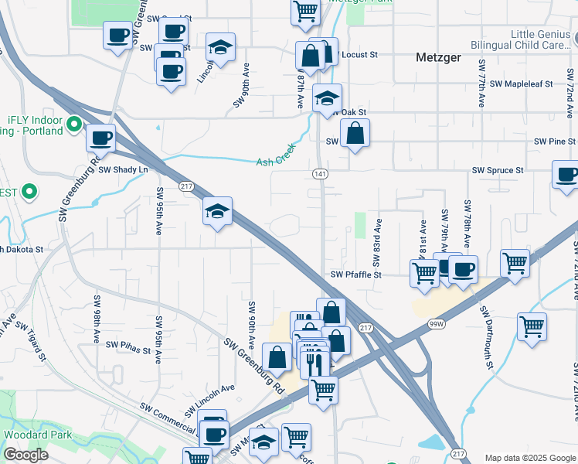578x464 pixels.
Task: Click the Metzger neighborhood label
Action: pos(438,57)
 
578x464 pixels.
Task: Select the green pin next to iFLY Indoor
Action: pos(74,123)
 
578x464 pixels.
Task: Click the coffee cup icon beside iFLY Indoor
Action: pos(100,138)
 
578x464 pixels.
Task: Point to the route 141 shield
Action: pos(320,175)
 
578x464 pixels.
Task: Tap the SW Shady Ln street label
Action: pos(122,169)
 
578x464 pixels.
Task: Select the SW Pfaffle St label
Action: pos(356,275)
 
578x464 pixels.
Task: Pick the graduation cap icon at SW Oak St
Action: pos(327,98)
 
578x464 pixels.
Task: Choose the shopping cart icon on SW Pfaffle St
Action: pos(424,272)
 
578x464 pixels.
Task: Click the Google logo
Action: pos(26,455)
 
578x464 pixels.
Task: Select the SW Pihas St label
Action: pos(127,344)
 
